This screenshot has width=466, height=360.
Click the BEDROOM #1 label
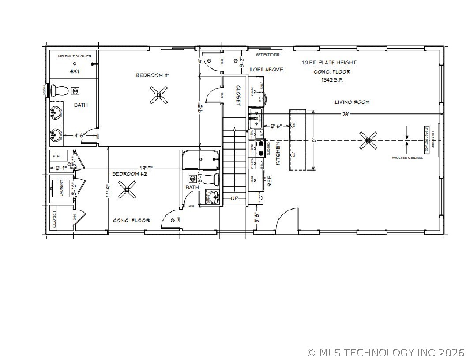[x=153, y=75]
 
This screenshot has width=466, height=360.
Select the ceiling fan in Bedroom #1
[x=158, y=95]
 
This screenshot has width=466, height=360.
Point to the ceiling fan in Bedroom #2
[x=128, y=190]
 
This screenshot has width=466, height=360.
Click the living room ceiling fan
[x=368, y=141]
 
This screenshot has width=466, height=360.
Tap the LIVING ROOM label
[x=352, y=102]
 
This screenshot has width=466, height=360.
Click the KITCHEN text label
[x=278, y=154]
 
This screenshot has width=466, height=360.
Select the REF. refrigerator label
[x=270, y=181]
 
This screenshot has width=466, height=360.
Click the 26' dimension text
[x=345, y=114]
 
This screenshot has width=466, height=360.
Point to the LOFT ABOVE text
[x=266, y=70]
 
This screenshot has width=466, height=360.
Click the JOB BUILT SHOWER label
[x=74, y=56]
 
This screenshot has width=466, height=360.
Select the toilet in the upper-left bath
[x=59, y=91]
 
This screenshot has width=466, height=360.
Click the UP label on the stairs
[x=234, y=199]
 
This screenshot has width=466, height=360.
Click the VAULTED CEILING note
[x=407, y=157]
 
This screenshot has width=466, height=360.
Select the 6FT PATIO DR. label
[x=268, y=55]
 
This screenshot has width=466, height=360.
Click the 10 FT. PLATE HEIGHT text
[x=329, y=63]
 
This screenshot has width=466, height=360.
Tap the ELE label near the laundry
[x=56, y=156]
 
